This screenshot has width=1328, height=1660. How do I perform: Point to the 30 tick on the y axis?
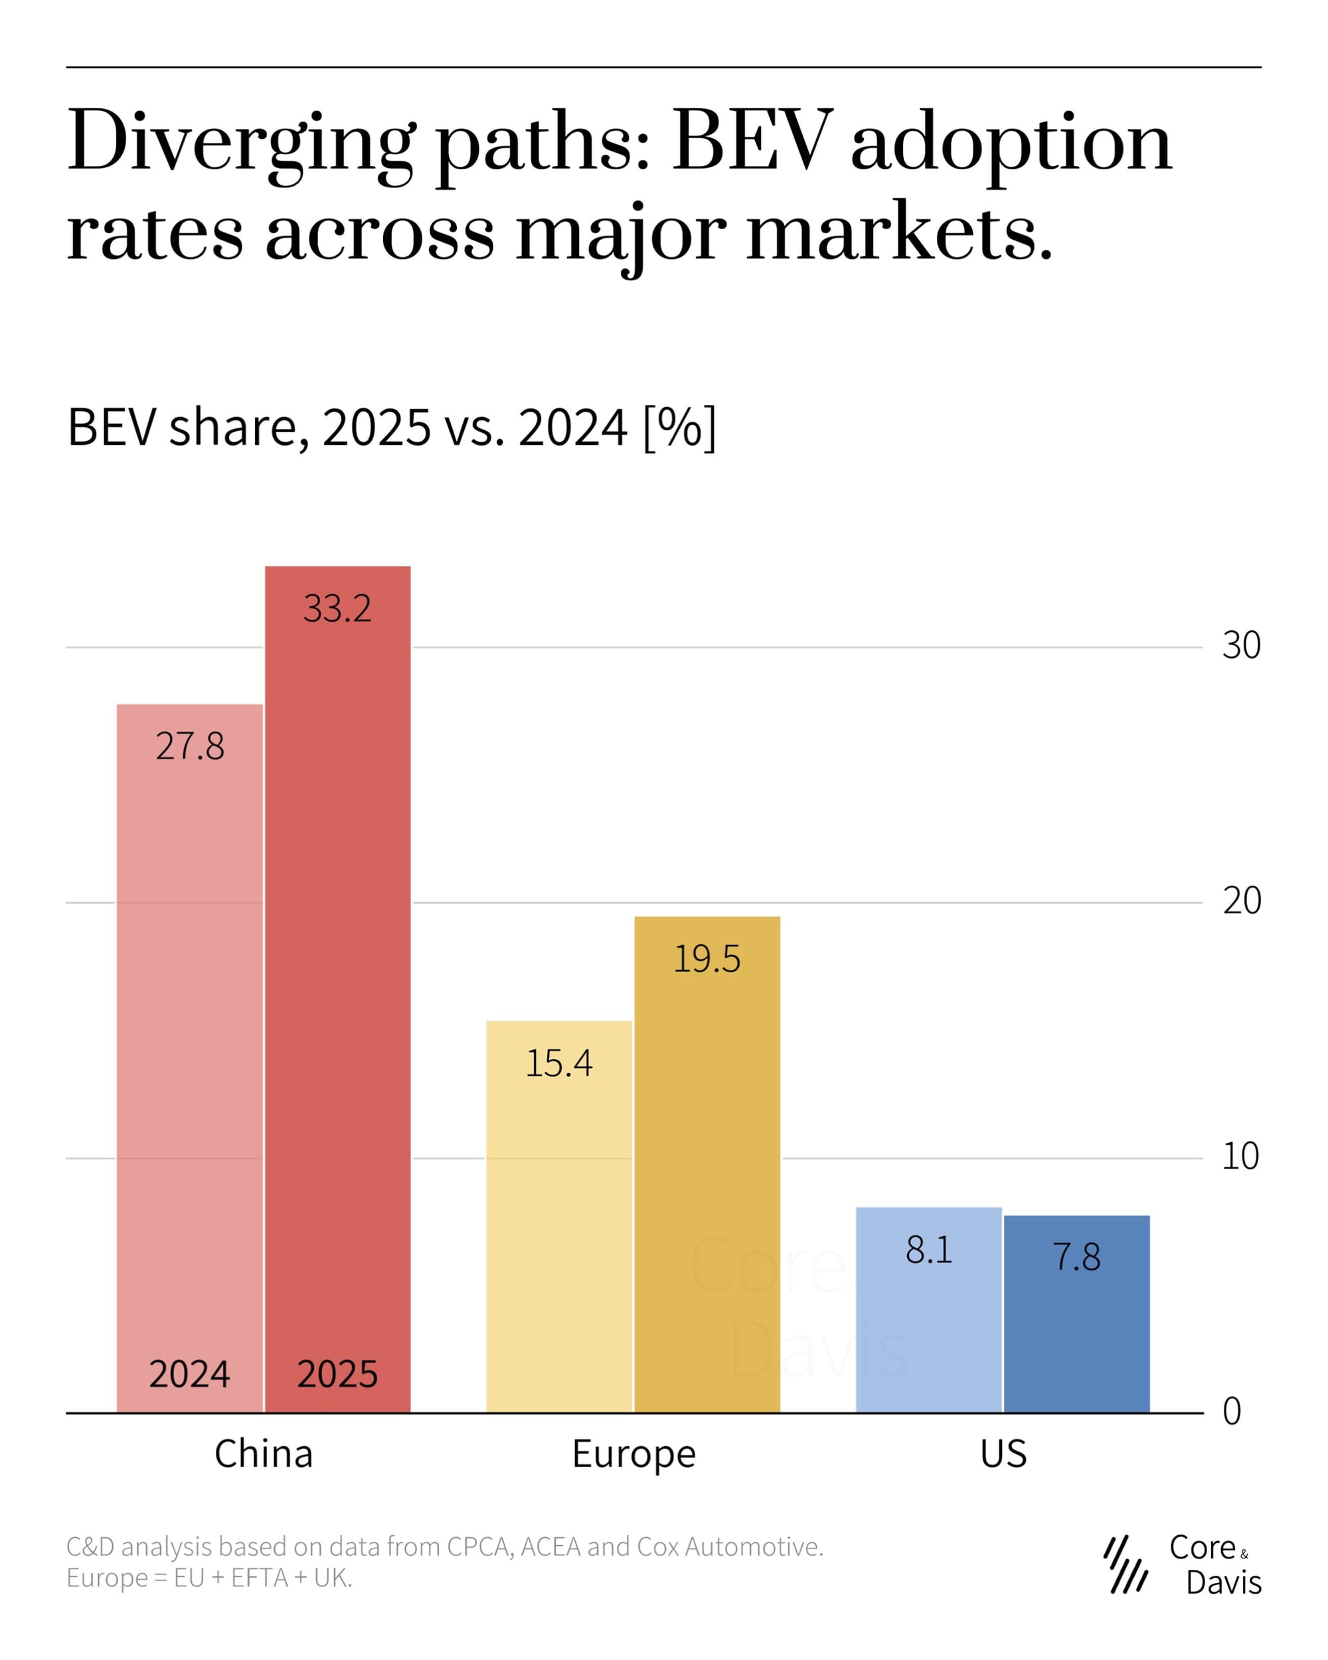tap(1241, 645)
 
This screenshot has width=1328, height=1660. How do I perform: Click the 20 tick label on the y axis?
tap(1241, 900)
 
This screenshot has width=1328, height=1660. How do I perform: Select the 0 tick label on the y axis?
tap(1232, 1411)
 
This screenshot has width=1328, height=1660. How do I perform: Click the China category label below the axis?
tap(264, 1454)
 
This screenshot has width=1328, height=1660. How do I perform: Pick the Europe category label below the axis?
tap(633, 1454)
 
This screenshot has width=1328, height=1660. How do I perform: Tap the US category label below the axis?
tap(1003, 1454)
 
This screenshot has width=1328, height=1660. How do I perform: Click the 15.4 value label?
tap(559, 1063)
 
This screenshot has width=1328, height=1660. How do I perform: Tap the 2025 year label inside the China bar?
tap(337, 1374)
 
